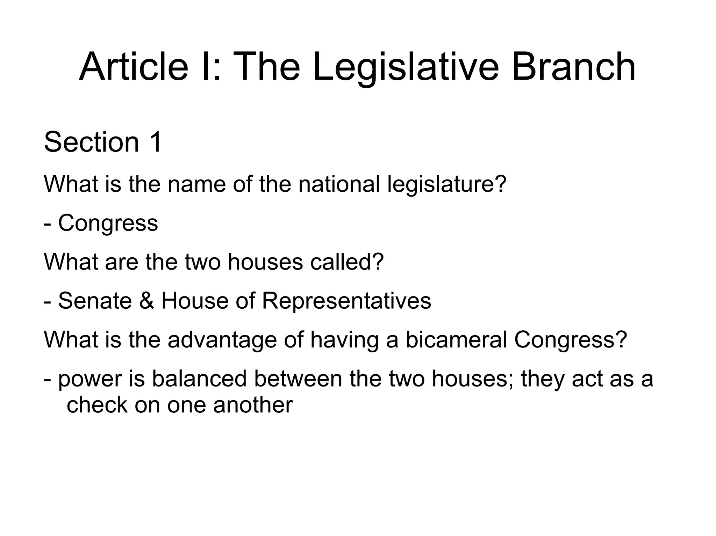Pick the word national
coord(339,184)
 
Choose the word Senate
coord(95,301)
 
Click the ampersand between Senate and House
coord(146,301)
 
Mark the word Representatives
coord(346,301)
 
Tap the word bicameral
coord(456,339)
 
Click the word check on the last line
coord(97,405)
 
